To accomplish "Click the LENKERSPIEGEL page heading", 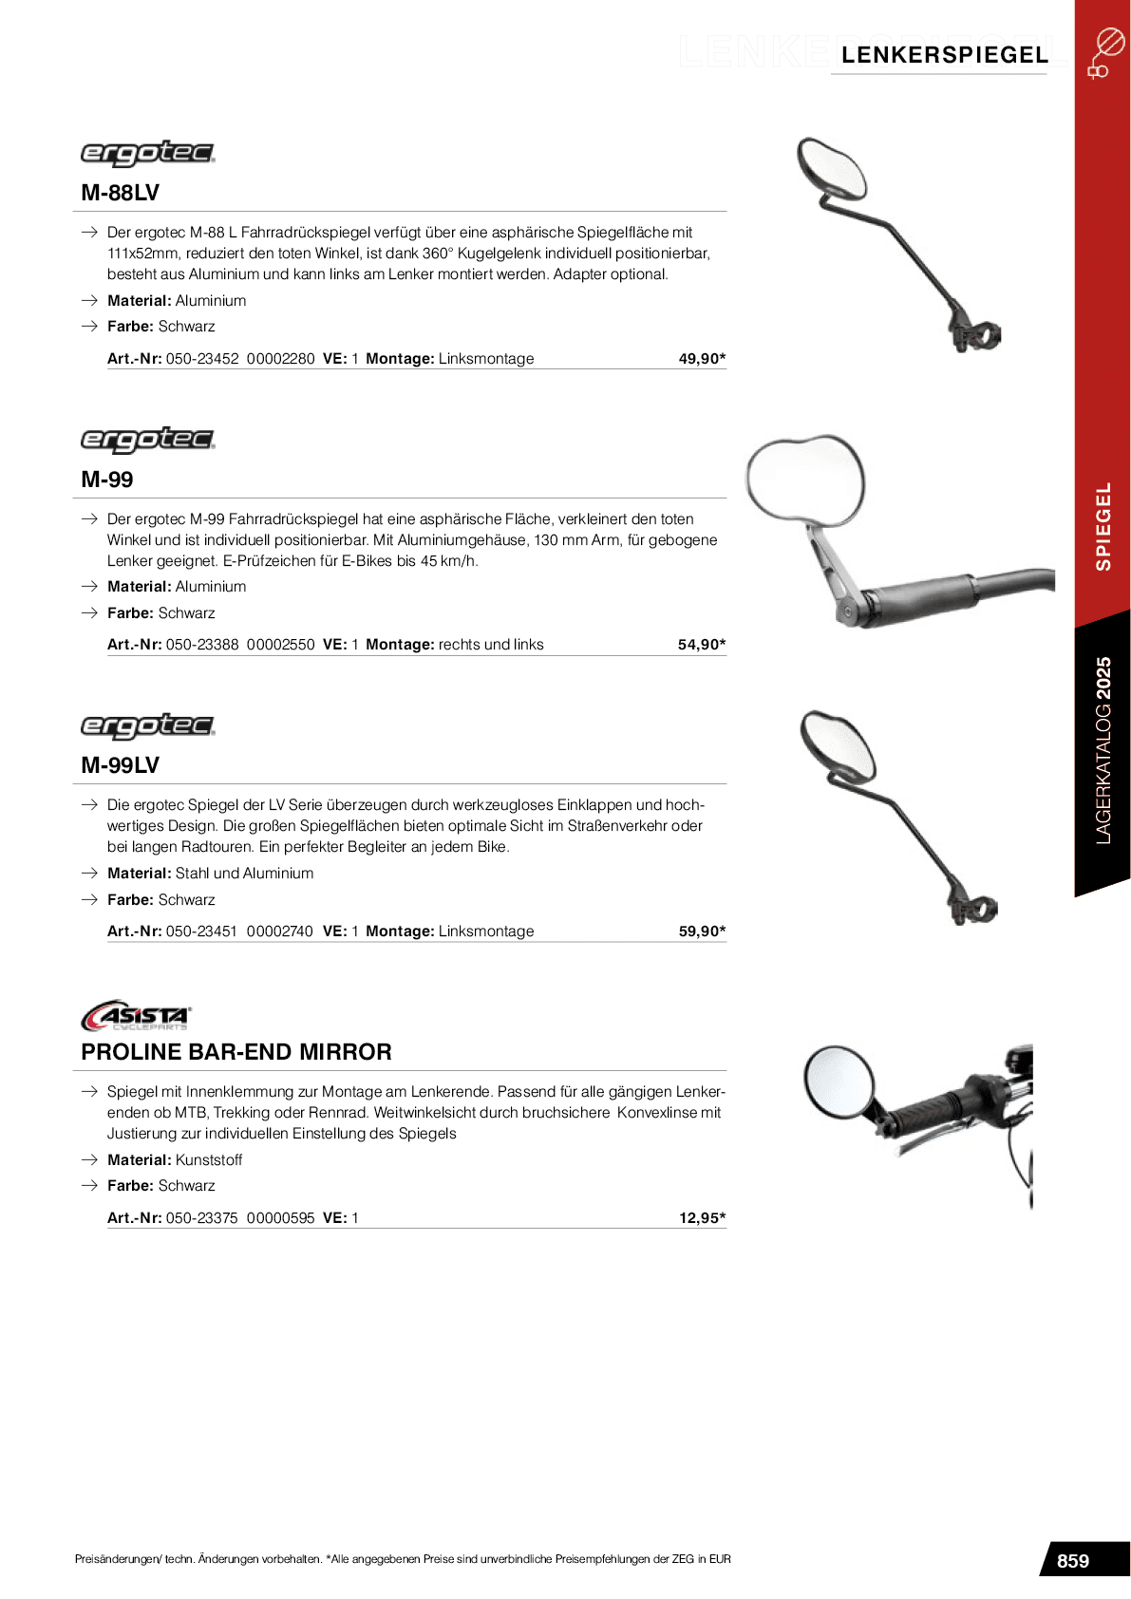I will (944, 55).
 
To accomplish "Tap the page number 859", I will (1072, 1561).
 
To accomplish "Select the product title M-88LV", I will (120, 193).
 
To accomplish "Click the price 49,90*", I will (702, 359).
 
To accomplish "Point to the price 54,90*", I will (702, 645).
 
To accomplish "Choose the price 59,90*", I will (702, 931).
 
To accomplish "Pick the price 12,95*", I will (702, 1218).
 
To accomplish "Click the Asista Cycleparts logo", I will (137, 1015).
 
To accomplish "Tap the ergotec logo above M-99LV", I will (147, 726).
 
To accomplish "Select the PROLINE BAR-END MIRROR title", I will (236, 1052).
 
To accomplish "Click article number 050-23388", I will (202, 645).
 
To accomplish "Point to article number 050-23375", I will (201, 1218).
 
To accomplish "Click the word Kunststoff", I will (209, 1160).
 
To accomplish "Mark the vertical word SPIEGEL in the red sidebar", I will (1103, 526).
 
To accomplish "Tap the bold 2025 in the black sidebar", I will (1103, 677).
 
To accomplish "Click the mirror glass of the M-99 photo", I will (805, 480).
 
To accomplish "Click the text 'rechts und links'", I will (491, 645).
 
